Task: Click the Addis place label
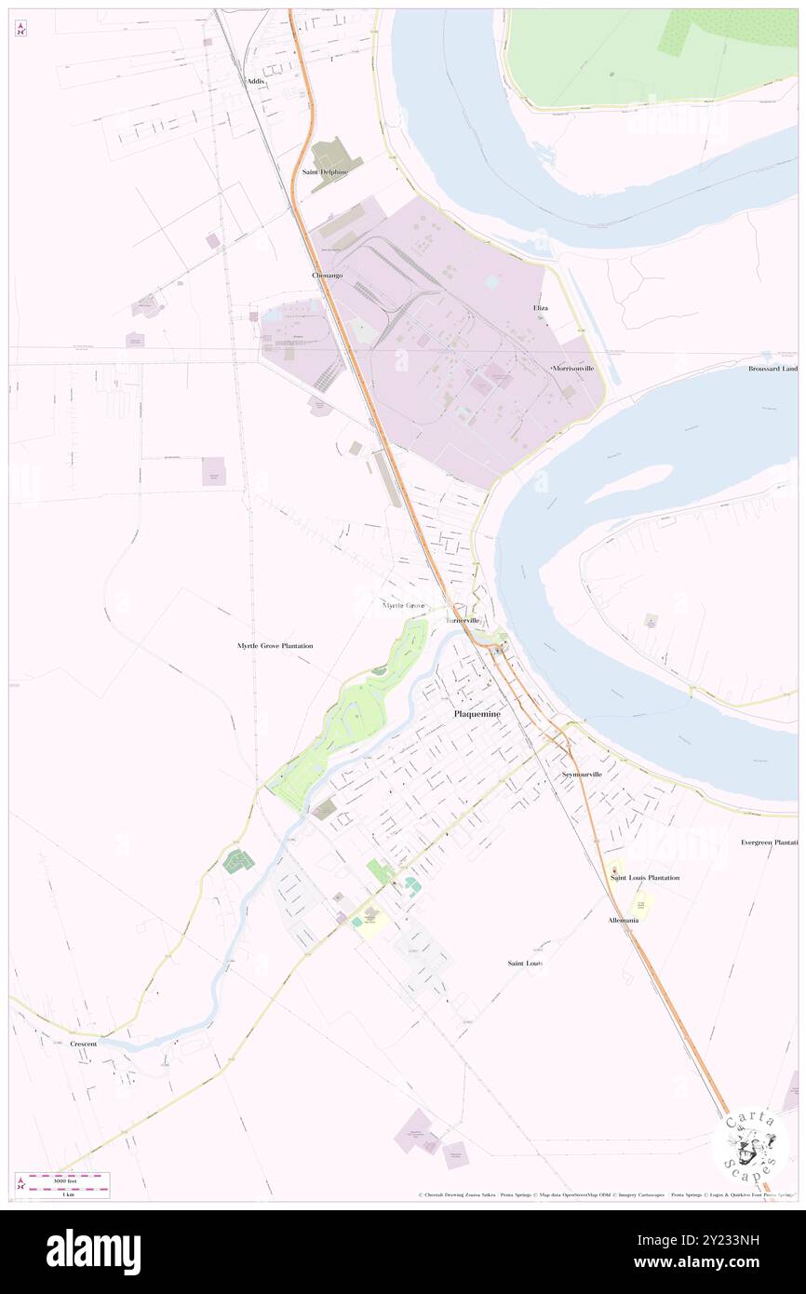point(256,82)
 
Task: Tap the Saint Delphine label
point(325,172)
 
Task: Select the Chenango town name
point(327,276)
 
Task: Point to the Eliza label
point(540,307)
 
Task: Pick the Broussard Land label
point(772,369)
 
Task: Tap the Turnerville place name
point(463,620)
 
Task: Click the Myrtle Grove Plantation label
point(275,645)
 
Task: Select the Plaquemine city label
point(476,714)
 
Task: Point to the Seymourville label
point(582,775)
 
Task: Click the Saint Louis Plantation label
point(644,878)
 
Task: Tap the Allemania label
point(623,920)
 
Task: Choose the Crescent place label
point(83,1045)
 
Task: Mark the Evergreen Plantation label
point(769,842)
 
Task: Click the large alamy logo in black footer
point(93,1252)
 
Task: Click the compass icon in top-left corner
point(20,29)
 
